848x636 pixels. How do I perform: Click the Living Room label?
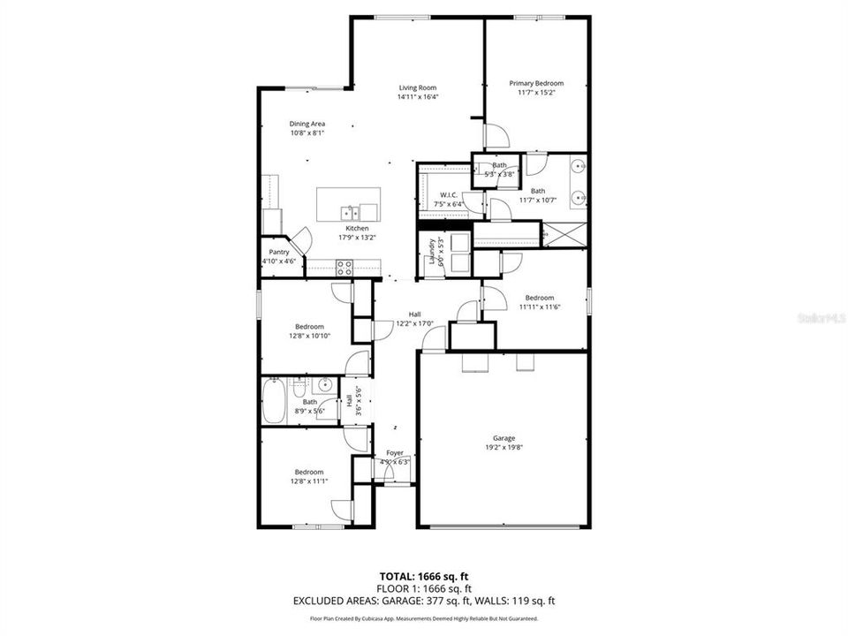(x=418, y=87)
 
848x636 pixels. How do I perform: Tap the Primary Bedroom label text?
(x=536, y=83)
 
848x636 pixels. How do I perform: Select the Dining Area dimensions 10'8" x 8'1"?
(x=307, y=133)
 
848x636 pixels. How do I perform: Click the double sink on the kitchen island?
(x=351, y=212)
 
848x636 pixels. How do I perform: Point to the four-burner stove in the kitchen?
(x=344, y=268)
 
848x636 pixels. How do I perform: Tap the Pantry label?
(x=279, y=252)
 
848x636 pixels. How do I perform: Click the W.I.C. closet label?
(x=448, y=194)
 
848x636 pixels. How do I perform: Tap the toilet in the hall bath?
(x=299, y=386)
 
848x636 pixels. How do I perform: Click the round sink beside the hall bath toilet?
(x=325, y=384)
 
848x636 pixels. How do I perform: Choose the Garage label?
(x=503, y=438)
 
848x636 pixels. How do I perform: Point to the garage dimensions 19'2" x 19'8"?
(x=503, y=448)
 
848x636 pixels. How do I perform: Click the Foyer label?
(x=394, y=452)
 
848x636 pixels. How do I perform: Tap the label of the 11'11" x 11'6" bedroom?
(x=539, y=298)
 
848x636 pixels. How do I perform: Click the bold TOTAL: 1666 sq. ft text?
(x=424, y=575)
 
